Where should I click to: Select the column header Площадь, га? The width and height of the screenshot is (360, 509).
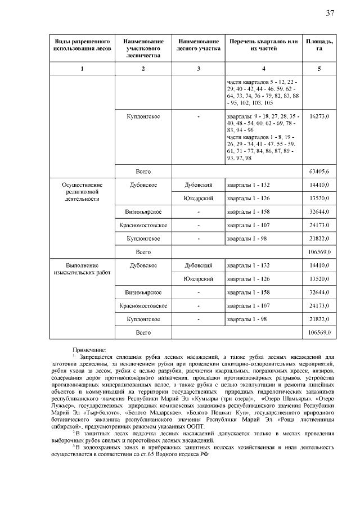pyautogui.click(x=319, y=46)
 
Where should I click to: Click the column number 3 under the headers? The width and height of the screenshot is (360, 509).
pyautogui.click(x=199, y=69)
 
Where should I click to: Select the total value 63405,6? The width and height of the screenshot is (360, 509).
pyautogui.click(x=319, y=170)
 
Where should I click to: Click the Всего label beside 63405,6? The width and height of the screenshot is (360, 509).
pyautogui.click(x=143, y=170)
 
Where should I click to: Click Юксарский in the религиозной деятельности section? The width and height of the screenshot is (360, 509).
pyautogui.click(x=199, y=198)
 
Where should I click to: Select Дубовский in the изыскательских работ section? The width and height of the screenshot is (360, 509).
pyautogui.click(x=199, y=265)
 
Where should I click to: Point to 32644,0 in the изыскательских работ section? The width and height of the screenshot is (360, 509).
pyautogui.click(x=319, y=292)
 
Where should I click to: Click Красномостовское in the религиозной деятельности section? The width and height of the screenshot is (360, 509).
pyautogui.click(x=143, y=225)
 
